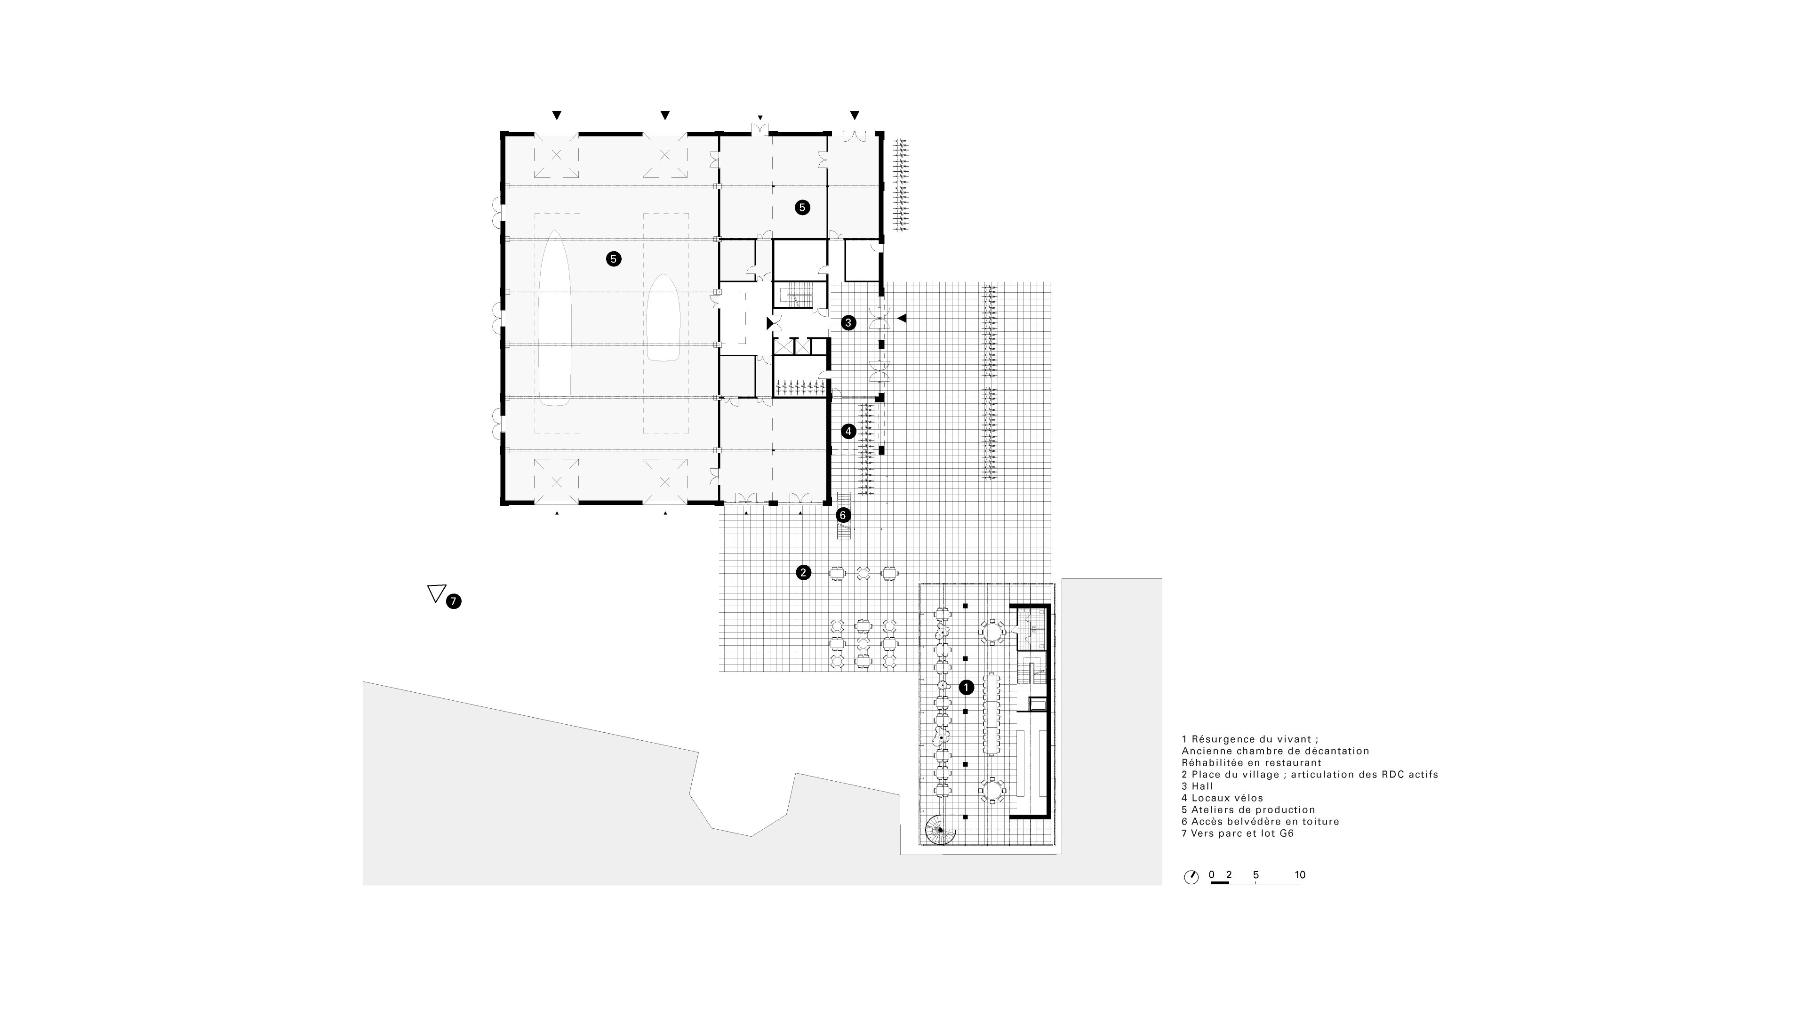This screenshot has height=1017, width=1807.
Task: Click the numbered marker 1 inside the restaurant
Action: pyautogui.click(x=966, y=688)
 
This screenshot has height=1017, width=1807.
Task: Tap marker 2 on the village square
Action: pyautogui.click(x=803, y=572)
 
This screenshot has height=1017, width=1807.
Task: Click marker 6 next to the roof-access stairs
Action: pyautogui.click(x=843, y=515)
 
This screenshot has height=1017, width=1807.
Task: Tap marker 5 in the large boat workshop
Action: pyautogui.click(x=613, y=259)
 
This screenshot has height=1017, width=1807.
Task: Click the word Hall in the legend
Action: pyautogui.click(x=1202, y=786)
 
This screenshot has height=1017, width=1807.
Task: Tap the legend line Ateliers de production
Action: pyautogui.click(x=1248, y=809)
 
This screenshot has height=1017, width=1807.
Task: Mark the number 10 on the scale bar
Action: pyautogui.click(x=1300, y=874)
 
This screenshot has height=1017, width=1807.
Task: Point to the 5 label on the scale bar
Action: pyautogui.click(x=1255, y=874)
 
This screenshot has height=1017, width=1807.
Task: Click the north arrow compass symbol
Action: pyautogui.click(x=1191, y=877)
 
